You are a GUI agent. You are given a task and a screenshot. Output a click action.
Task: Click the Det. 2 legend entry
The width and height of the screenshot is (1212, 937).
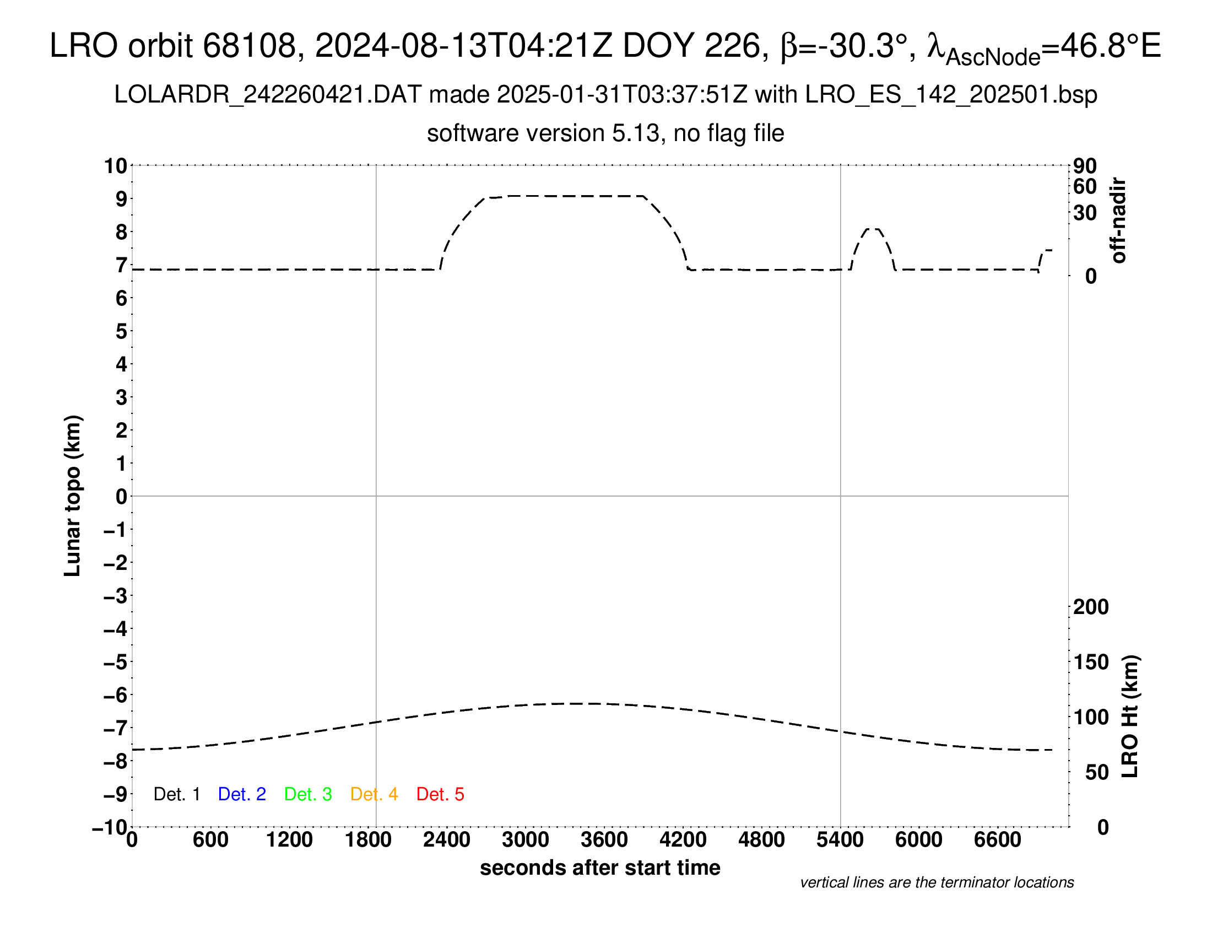242,794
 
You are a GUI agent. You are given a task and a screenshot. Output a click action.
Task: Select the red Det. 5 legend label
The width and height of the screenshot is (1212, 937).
440,794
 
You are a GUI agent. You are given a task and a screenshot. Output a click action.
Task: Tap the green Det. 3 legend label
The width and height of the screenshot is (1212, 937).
308,794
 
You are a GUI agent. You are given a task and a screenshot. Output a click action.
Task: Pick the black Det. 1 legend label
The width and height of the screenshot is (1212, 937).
176,794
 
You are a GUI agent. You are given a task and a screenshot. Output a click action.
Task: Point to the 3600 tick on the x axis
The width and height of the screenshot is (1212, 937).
604,840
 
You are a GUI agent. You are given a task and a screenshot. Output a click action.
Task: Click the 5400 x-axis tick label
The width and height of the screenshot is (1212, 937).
840,840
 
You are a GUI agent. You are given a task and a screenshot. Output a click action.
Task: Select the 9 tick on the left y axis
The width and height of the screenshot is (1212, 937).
121,199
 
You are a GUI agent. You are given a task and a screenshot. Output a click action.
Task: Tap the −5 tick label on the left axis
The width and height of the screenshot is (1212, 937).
116,662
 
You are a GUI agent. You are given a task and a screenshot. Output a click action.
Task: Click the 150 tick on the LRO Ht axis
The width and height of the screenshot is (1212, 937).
1090,662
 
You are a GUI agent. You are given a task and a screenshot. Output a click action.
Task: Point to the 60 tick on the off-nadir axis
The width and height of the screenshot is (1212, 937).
1085,186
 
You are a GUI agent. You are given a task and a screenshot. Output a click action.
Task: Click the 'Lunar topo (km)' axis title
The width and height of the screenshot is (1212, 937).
73,496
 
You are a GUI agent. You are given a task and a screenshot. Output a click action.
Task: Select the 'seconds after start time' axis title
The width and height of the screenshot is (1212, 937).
600,868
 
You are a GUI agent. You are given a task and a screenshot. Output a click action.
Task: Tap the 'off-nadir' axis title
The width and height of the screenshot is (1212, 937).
1119,220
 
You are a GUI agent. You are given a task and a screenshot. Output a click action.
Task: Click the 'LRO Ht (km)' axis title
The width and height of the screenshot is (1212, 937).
1130,717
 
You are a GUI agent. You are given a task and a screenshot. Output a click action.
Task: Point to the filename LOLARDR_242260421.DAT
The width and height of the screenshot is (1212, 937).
268,95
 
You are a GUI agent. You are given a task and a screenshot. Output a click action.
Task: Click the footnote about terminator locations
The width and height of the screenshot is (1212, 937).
937,882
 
